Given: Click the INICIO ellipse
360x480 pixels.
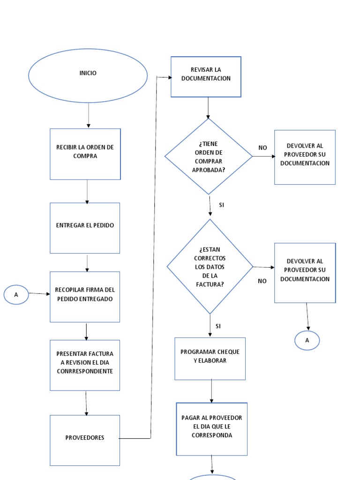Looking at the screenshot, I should [88, 75].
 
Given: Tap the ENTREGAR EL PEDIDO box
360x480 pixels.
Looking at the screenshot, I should [85, 228].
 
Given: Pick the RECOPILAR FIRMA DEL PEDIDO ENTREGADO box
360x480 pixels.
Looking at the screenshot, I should [85, 297].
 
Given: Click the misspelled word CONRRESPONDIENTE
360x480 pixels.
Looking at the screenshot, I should [85, 371].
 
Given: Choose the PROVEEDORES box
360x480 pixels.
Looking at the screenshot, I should [85, 440].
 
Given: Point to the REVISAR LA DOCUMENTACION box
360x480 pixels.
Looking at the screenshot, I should [206, 76].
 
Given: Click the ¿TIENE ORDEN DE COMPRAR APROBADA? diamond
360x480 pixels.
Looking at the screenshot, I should [208, 156].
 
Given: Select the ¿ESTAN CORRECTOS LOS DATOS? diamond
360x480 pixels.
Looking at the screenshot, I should [210, 267].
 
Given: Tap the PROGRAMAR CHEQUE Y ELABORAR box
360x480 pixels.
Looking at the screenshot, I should [210, 358].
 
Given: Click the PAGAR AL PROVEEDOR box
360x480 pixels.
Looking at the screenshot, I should [212, 428].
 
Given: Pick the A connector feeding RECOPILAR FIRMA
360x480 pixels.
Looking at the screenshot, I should [16, 295].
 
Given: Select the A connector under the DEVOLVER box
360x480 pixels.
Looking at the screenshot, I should [307, 341].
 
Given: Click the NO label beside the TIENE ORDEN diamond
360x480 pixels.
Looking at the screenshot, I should [262, 148].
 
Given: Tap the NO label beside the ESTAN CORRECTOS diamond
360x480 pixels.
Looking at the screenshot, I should [262, 281].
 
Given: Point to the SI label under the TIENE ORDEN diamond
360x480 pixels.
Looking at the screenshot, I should [222, 205].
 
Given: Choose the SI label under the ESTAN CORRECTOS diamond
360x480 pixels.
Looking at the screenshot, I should [218, 326].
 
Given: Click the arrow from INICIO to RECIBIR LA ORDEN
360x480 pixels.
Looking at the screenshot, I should [88, 115].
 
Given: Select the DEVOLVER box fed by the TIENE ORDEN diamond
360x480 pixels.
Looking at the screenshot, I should [305, 157].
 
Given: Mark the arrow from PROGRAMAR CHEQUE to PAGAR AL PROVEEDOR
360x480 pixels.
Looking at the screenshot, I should [211, 391].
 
